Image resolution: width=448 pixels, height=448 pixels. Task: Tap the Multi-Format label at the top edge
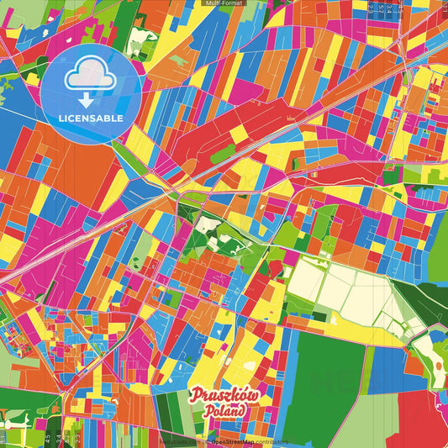click(x=224, y=3)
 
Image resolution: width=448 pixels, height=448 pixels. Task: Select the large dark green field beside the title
click(x=324, y=370)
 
